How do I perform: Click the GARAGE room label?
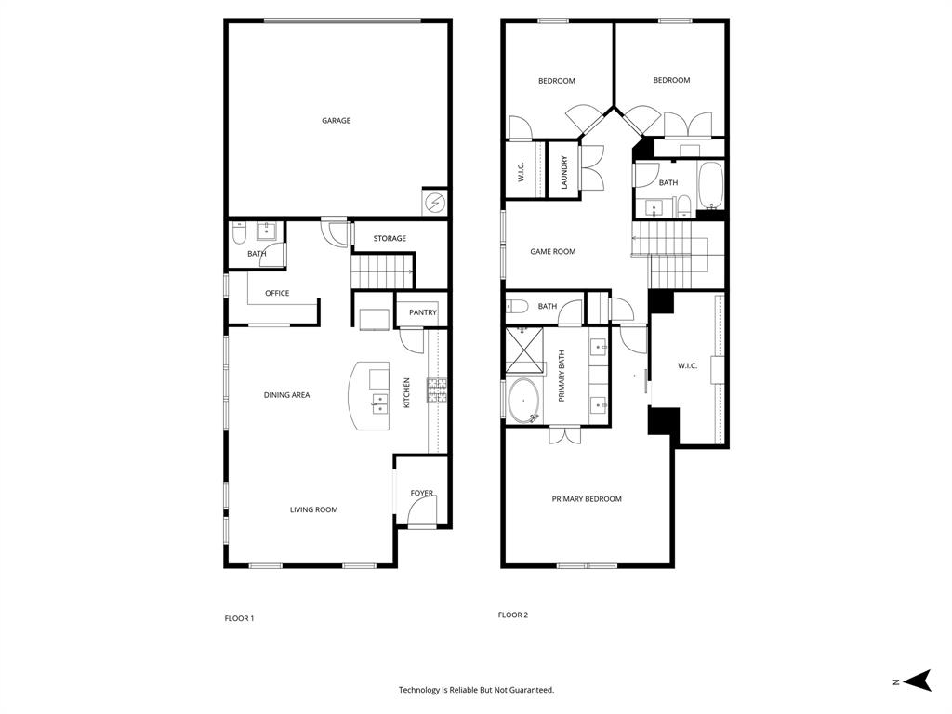(336, 121)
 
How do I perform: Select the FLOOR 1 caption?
(239, 618)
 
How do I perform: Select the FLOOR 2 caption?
(512, 615)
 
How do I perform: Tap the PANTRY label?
(422, 312)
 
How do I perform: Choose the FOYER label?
(422, 493)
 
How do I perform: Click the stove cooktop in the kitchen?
(436, 390)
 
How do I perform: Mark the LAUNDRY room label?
(564, 173)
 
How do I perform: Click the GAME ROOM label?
(552, 251)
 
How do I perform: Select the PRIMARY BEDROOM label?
(587, 499)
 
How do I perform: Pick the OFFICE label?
(277, 293)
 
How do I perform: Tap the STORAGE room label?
(390, 238)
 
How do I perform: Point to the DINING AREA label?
(286, 395)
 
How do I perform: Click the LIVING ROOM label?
(313, 509)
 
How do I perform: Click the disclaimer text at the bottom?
(476, 690)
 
